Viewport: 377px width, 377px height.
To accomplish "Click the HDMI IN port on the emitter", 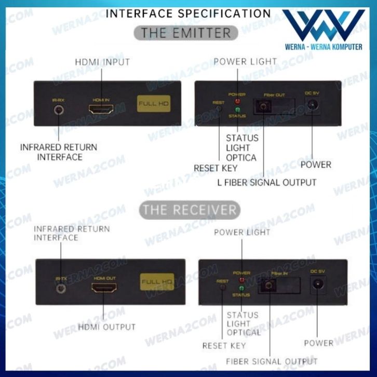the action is [x=101, y=110].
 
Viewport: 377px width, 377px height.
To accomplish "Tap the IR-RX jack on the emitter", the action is [x=58, y=110].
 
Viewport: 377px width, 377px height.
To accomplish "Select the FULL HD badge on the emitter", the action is [x=154, y=104].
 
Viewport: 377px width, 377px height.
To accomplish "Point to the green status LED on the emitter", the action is [x=238, y=110].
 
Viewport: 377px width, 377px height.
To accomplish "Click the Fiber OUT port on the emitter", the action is [x=263, y=107].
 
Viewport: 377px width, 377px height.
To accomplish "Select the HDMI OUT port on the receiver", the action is [x=104, y=287].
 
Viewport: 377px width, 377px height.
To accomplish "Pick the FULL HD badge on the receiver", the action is [x=157, y=282].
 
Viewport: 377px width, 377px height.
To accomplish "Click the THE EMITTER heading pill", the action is [x=186, y=33].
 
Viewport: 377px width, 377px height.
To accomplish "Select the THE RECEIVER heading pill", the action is [x=190, y=210].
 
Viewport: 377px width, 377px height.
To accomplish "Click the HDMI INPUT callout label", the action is [x=102, y=62].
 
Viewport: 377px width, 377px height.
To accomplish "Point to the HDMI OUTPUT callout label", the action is [x=106, y=327].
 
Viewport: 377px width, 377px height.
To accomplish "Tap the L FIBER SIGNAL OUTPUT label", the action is [x=266, y=182].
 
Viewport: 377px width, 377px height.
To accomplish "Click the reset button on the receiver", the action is [x=223, y=287].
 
